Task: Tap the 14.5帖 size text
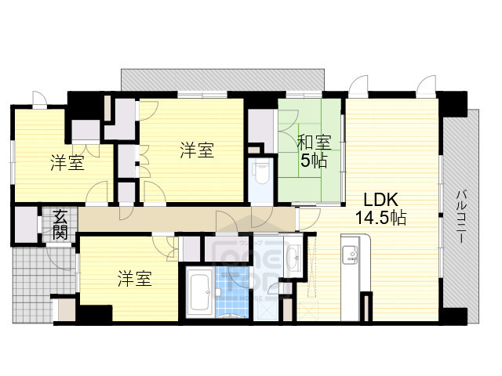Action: pyautogui.click(x=381, y=219)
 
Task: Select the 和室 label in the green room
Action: pyautogui.click(x=313, y=144)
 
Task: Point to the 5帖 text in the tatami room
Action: pyautogui.click(x=313, y=162)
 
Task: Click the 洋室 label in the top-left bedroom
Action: pyautogui.click(x=67, y=163)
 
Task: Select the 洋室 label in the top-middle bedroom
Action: pyautogui.click(x=197, y=150)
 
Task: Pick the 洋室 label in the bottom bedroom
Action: pyautogui.click(x=135, y=279)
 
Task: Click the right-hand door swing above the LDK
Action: pyautogui.click(x=427, y=85)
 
